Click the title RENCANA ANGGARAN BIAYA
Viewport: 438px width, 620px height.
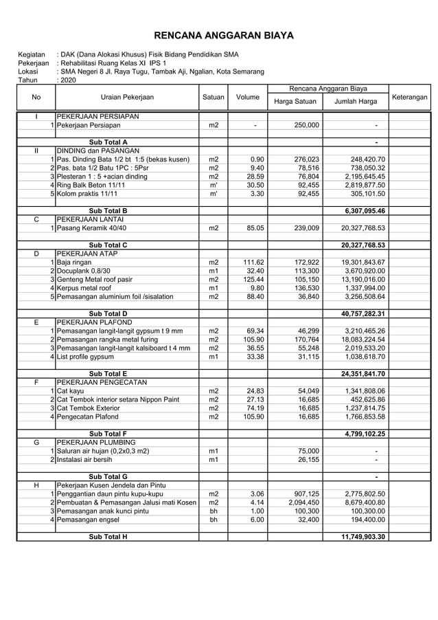(223, 35)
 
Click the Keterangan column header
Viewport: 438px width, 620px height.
(409, 98)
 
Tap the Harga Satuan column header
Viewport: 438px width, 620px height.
(295, 102)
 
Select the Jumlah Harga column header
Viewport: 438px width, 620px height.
(355, 102)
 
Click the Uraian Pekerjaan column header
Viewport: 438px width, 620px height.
(127, 98)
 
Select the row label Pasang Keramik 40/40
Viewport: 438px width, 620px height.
(91, 228)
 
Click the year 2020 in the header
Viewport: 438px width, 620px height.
(68, 80)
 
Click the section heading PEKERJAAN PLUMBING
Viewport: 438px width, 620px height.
(96, 443)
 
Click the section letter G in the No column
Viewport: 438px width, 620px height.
(36, 443)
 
